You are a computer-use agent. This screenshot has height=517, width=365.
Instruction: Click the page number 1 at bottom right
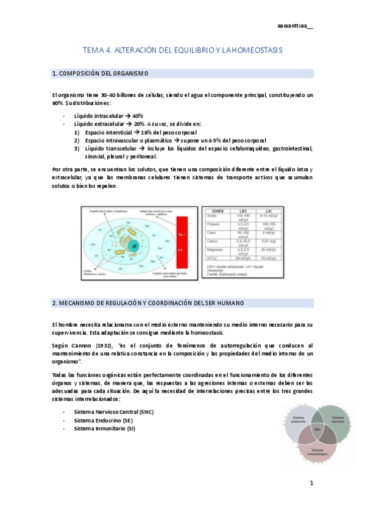(311, 483)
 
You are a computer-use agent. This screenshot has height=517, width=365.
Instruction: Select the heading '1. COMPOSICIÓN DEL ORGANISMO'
(101, 74)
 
